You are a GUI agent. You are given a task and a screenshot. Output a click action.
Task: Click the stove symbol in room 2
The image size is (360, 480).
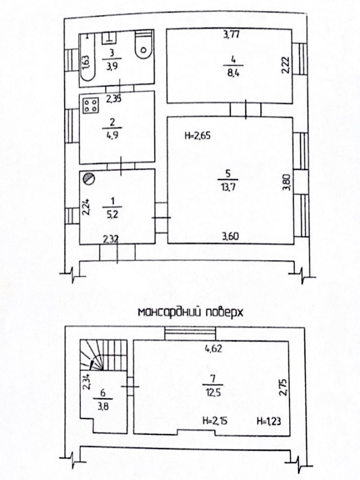tap(91, 105)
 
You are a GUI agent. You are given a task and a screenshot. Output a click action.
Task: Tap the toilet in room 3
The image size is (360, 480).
tap(143, 44)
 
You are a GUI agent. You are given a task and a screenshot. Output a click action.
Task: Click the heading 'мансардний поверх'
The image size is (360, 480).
tap(190, 313)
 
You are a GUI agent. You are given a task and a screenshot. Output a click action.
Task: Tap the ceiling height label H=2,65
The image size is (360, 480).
tap(198, 136)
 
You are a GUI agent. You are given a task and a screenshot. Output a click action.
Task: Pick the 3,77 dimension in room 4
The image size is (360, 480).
tap(232, 34)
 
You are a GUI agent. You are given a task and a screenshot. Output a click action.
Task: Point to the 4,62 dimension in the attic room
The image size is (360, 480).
tap(213, 349)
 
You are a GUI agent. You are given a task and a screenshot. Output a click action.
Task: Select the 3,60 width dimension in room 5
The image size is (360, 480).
tap(230, 236)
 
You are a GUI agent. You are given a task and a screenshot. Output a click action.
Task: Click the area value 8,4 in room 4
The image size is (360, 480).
tap(233, 72)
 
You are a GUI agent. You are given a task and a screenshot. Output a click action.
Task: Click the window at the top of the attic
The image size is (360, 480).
tap(190, 334)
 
